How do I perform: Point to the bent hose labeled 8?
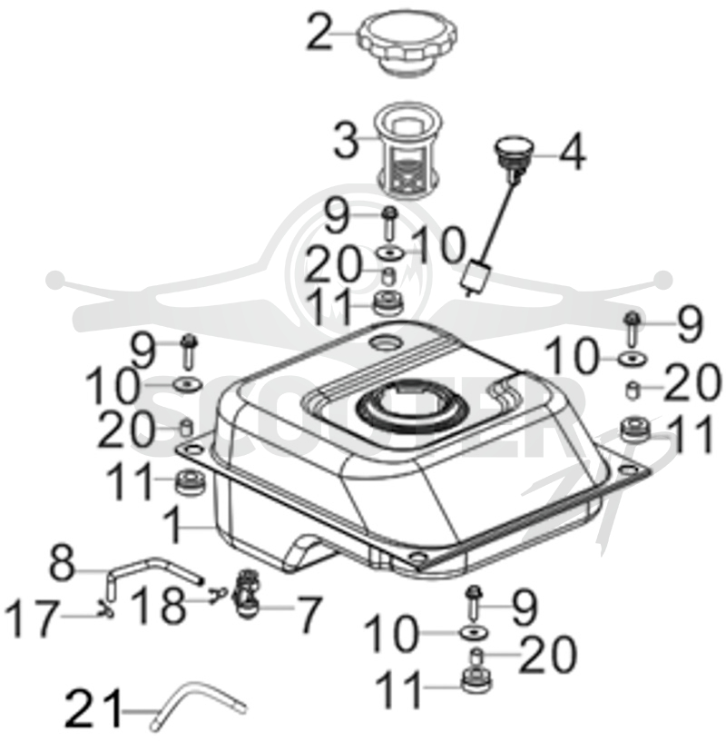click(151, 570)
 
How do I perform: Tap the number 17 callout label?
click(32, 618)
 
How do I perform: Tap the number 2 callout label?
click(319, 32)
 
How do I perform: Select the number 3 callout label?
click(346, 140)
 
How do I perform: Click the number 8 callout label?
click(63, 563)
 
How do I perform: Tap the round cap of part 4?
click(514, 145)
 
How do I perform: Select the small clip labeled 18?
click(219, 591)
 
